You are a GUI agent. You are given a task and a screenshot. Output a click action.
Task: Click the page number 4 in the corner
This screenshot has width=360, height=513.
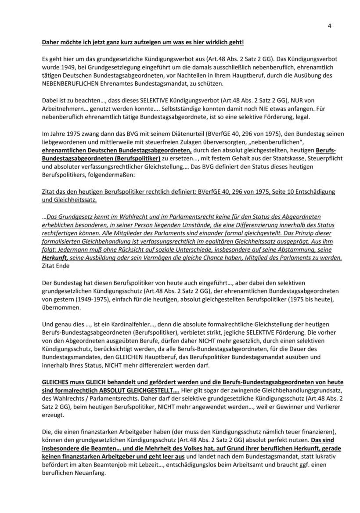[x=329, y=25]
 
